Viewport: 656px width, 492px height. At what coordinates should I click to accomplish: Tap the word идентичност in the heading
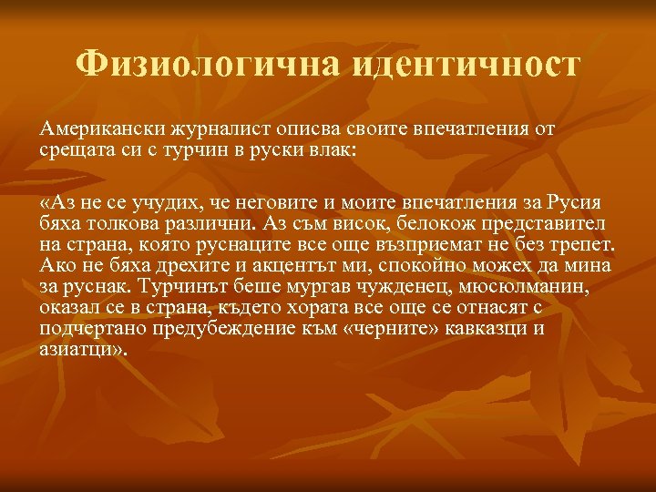pyautogui.click(x=464, y=65)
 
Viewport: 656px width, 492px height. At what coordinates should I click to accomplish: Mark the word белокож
pyautogui.click(x=436, y=222)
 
